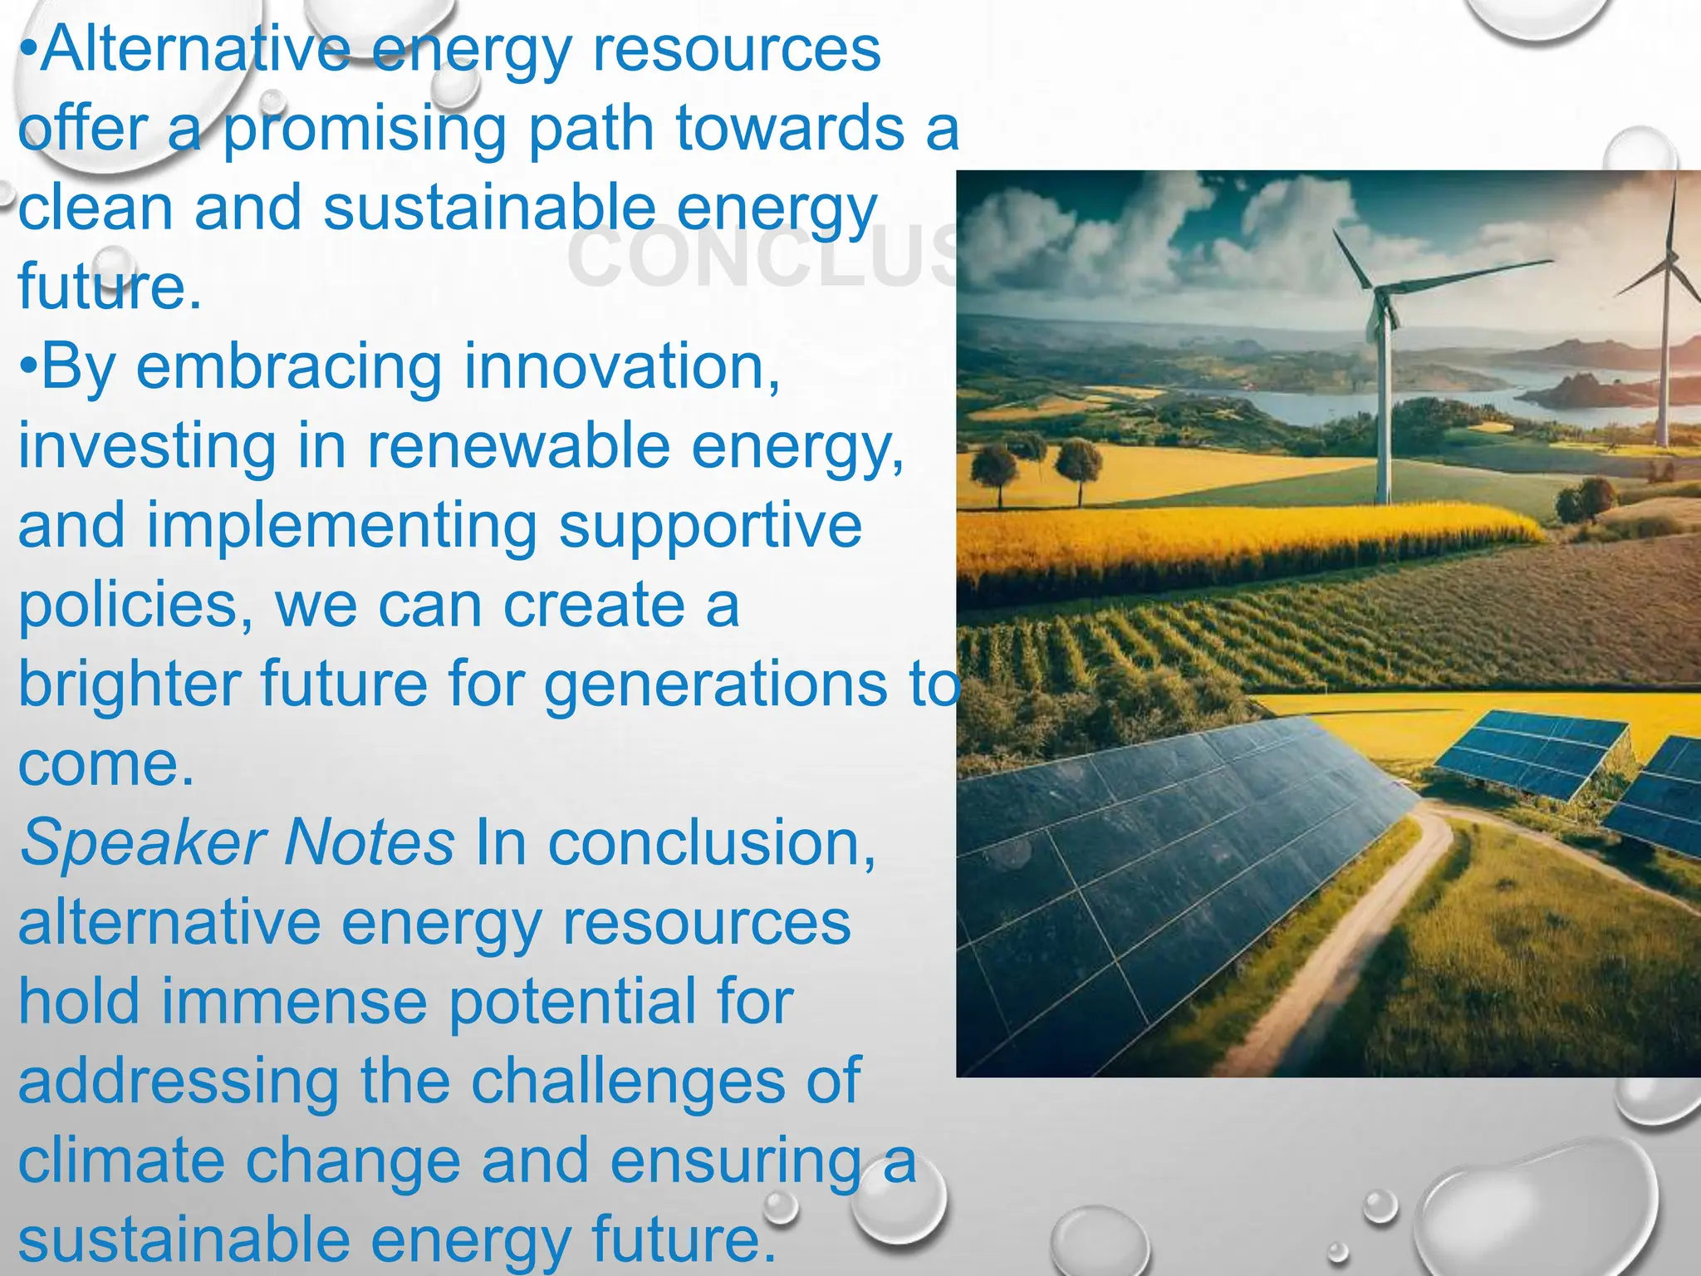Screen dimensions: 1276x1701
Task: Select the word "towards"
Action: [789, 129]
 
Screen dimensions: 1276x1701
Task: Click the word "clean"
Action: [96, 208]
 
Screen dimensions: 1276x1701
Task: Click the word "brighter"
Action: [129, 685]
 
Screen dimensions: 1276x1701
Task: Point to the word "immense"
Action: [294, 1001]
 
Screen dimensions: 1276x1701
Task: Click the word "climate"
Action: [121, 1161]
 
